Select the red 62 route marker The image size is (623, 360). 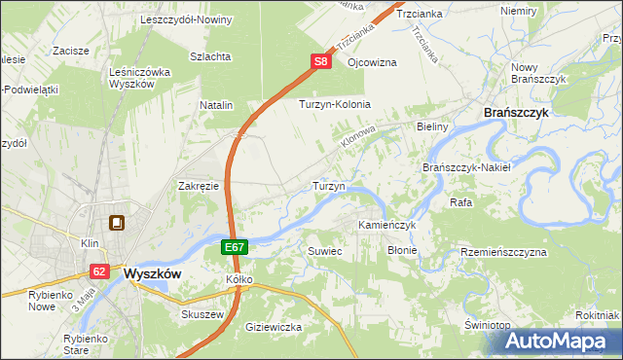click(99, 271)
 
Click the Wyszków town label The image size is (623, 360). click(154, 274)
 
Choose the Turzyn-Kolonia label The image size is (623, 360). click(336, 104)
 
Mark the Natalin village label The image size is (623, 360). click(217, 104)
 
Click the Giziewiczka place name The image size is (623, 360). click(275, 327)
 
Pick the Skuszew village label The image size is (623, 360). click(202, 315)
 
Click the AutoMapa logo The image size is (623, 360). click(560, 340)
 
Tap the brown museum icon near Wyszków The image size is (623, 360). click(117, 224)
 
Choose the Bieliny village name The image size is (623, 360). click(431, 127)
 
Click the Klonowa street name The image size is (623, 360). click(358, 135)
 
